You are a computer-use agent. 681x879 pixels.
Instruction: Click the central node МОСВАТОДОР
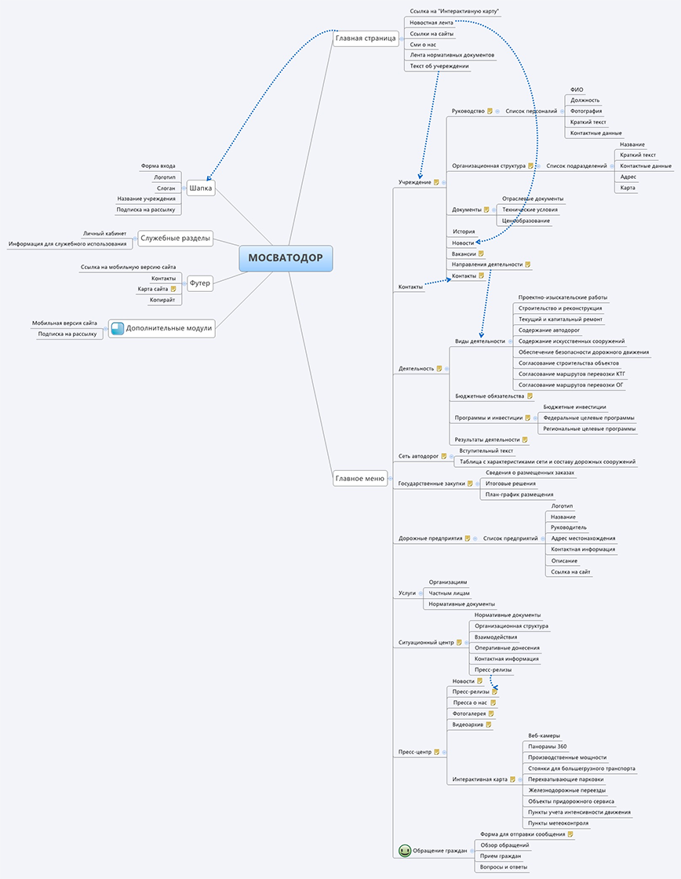[x=286, y=258]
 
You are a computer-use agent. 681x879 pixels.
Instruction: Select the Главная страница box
[x=366, y=38]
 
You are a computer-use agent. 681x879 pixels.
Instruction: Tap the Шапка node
[x=200, y=188]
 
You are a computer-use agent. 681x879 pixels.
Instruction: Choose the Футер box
[x=200, y=283]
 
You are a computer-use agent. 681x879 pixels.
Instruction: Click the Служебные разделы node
[x=175, y=238]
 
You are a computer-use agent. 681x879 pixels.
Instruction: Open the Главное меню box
[x=359, y=478]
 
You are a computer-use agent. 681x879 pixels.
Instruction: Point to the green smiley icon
[x=404, y=850]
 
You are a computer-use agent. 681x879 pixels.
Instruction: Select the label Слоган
[x=166, y=188]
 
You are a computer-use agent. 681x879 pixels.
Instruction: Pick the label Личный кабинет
[x=104, y=233]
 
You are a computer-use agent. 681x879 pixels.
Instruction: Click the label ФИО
[x=577, y=89]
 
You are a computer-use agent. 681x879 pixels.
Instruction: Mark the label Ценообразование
[x=526, y=221]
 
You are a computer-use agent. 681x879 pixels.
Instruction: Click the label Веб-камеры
[x=544, y=735]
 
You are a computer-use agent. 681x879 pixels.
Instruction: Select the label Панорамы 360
[x=548, y=746]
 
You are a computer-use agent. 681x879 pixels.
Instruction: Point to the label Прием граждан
[x=500, y=856]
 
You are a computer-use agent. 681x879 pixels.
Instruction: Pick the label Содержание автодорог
[x=548, y=330]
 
